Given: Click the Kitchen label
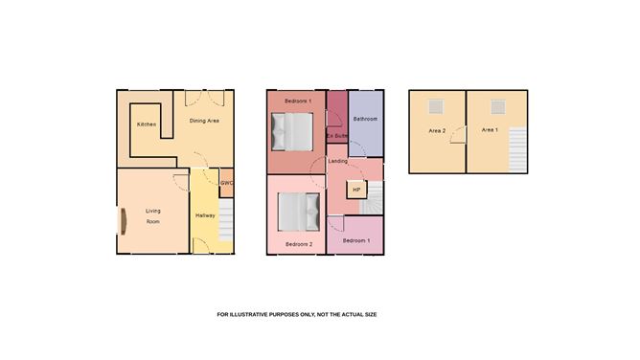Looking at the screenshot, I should [146, 124].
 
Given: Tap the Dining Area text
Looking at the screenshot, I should [204, 121].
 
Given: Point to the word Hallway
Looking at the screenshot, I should [205, 215].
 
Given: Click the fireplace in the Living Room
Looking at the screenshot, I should [124, 221].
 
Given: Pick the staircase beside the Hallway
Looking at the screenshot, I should [226, 220].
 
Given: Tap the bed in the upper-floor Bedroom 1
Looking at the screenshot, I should [292, 131].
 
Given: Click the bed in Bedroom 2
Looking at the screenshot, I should [298, 212].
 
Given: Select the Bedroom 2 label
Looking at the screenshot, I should [298, 245].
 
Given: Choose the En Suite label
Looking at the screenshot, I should [336, 136].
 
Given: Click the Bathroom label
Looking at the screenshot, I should [365, 119].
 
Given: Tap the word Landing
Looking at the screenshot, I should [337, 161].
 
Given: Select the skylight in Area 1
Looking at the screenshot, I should [498, 106].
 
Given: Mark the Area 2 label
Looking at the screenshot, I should [437, 130].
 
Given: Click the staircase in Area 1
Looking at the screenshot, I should [516, 150].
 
